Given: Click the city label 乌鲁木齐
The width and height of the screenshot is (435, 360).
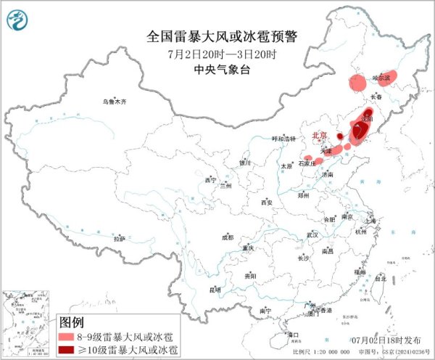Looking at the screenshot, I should point(114,102).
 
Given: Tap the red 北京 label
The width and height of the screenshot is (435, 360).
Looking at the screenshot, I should point(319,136).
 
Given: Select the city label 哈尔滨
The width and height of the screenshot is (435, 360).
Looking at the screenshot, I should point(381,76).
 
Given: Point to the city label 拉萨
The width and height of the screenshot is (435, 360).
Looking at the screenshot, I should point(118,238).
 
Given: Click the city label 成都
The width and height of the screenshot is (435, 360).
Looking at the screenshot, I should point(228,237).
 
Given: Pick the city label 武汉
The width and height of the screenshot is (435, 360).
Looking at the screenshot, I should point(312,234).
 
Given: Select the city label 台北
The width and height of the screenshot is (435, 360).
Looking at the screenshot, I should point(380,277).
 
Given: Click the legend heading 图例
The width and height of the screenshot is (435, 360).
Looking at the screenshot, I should point(72,322).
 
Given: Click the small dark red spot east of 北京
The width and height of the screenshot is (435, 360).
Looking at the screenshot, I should point(339,135).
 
